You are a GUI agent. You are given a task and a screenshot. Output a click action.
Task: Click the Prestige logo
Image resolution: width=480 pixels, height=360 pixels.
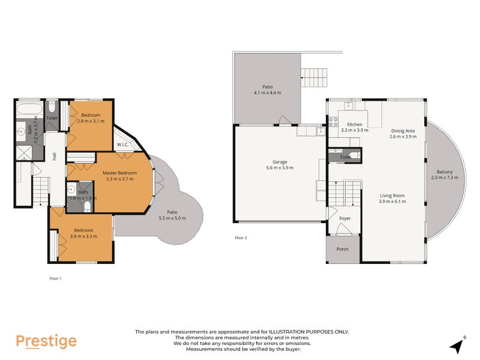click(x=46, y=341)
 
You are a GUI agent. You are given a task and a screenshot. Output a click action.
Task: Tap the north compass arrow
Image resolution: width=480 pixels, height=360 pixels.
click(x=458, y=346)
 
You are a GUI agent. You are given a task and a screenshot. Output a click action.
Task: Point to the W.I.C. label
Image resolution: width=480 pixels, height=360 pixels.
click(x=123, y=144)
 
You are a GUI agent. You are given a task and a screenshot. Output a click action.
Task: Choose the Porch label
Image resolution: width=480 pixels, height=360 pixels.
click(x=342, y=249)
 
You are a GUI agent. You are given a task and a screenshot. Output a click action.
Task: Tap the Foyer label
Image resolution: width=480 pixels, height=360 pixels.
click(x=345, y=218)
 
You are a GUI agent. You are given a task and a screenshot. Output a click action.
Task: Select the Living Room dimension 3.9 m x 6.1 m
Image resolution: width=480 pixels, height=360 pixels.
click(x=392, y=202)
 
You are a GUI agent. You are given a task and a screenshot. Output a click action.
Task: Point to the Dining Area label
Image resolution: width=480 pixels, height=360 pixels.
click(x=403, y=130)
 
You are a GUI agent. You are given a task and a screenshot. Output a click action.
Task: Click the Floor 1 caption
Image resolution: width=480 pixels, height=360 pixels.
click(x=55, y=278)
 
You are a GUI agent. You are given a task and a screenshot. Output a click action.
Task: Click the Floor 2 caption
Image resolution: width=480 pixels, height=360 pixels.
click(x=241, y=238)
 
